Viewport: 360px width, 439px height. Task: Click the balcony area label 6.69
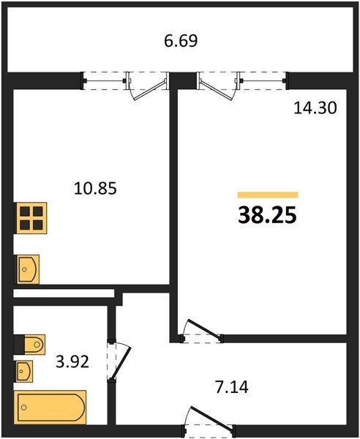[x=181, y=40]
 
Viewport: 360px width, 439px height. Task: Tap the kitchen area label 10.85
[x=95, y=188]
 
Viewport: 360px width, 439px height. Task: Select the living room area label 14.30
[x=315, y=108]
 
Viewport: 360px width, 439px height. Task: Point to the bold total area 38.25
[x=267, y=216]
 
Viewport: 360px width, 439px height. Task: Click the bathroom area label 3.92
[x=72, y=361]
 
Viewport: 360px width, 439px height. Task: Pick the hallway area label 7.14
[x=232, y=388]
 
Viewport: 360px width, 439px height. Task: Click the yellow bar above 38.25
[x=268, y=195]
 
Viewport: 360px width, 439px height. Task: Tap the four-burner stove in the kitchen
[x=31, y=218]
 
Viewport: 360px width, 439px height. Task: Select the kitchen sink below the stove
[x=27, y=269]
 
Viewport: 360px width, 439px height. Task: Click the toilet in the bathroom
[x=30, y=344]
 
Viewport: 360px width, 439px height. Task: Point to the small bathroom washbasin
[x=23, y=371]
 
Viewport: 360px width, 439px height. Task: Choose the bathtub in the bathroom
[x=50, y=408]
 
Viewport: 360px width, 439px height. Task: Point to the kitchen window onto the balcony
[x=104, y=81]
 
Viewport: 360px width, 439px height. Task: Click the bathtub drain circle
[x=24, y=408]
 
